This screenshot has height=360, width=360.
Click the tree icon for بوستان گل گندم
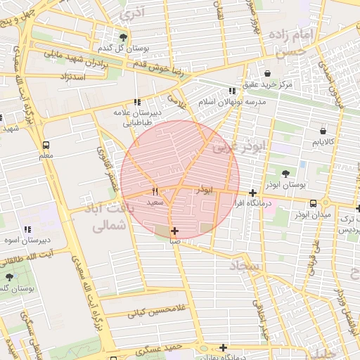(124, 37)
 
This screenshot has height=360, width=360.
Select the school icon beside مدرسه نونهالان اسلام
(232, 91)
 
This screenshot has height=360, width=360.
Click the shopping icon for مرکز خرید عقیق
(267, 73)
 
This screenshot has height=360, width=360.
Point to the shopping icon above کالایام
(323, 131)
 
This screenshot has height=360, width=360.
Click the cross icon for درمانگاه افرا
(252, 193)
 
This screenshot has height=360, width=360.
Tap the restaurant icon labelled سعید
(155, 191)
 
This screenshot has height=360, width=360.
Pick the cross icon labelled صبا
(174, 230)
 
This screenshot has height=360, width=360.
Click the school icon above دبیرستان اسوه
(27, 229)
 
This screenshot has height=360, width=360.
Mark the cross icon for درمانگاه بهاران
(223, 347)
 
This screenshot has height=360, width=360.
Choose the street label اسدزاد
(74, 76)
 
